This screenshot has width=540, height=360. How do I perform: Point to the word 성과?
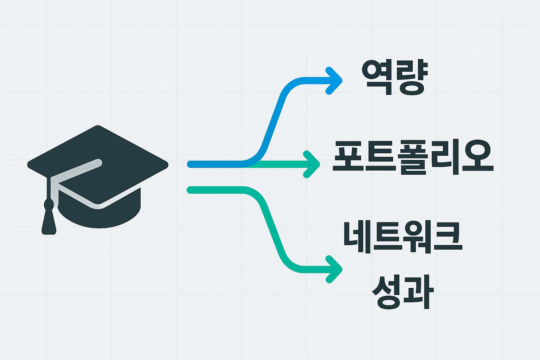click(402, 292)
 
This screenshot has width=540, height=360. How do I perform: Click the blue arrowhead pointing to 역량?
click(334, 81)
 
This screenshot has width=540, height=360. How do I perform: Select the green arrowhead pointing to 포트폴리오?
click(312, 164)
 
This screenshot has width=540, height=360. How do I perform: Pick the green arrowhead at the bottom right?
click(334, 269)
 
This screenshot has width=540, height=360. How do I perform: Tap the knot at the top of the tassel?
click(49, 204)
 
